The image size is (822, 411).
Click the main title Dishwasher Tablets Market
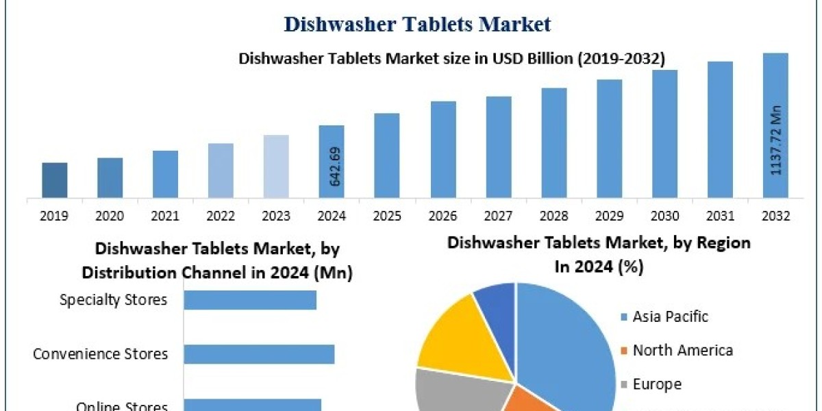pos(417,25)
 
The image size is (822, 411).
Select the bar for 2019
pos(54,180)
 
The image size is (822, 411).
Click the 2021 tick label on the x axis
pos(165,216)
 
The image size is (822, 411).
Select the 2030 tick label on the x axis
pos(664,216)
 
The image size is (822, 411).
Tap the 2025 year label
pos(387,216)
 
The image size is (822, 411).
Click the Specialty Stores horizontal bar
pos(250,300)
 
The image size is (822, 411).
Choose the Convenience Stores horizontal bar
pos(259,354)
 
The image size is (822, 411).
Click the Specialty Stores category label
pos(113,300)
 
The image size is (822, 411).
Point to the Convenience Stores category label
pos(100,354)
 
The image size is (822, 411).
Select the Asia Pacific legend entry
pos(670,316)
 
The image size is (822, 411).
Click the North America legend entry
pos(682,351)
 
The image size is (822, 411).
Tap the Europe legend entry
pos(656,384)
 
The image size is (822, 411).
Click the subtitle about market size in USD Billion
pos(451,59)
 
